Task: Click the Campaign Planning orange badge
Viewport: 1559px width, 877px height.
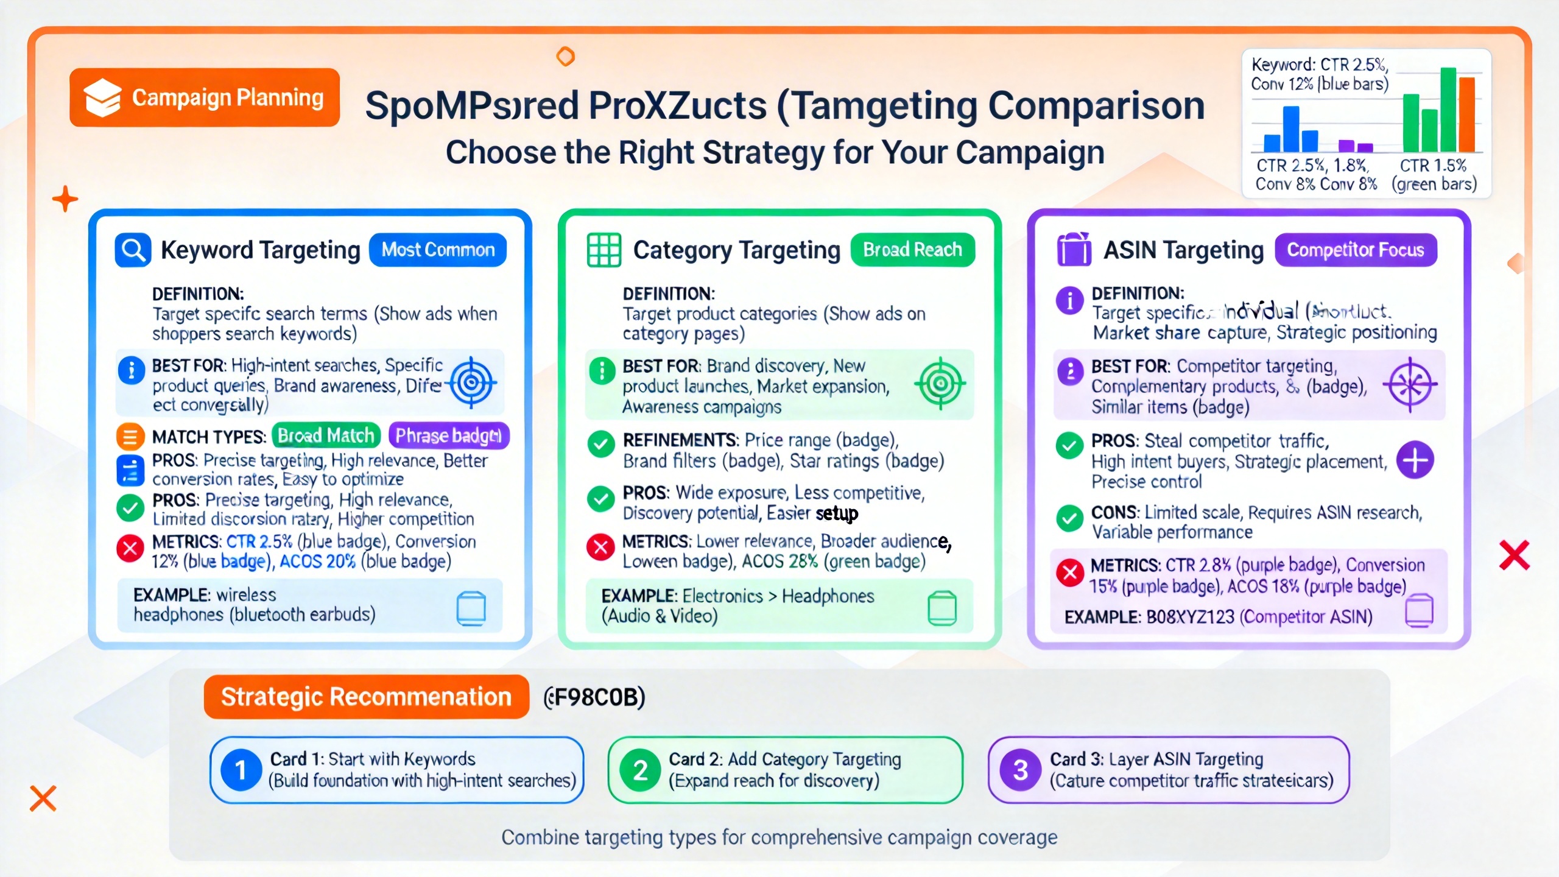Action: click(x=205, y=97)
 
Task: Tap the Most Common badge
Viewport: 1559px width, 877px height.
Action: click(x=438, y=250)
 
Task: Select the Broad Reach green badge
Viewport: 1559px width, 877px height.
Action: click(x=912, y=250)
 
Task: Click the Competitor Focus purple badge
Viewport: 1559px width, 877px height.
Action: click(x=1356, y=250)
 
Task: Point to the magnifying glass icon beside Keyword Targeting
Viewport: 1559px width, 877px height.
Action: click(x=133, y=250)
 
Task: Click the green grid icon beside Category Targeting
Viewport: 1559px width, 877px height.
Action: click(x=604, y=250)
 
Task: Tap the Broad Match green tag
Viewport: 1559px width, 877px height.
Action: click(x=326, y=436)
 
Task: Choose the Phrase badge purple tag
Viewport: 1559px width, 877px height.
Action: click(x=448, y=436)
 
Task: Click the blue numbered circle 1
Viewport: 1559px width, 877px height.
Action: click(x=241, y=770)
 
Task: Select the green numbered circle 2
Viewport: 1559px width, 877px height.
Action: click(x=640, y=770)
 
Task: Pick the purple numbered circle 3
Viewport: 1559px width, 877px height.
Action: click(x=1021, y=770)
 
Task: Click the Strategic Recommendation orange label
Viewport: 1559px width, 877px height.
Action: click(x=366, y=697)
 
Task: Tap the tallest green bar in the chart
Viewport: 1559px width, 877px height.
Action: click(x=1448, y=110)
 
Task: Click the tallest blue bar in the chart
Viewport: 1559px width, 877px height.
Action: click(x=1291, y=129)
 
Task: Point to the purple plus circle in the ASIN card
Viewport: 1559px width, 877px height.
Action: click(x=1415, y=460)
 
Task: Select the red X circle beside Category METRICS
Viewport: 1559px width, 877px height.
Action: click(x=600, y=546)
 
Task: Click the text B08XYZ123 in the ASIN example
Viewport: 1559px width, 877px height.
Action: click(x=1190, y=617)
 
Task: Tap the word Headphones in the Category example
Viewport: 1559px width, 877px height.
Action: click(x=828, y=596)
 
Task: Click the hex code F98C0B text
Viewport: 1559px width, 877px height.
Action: click(x=596, y=697)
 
